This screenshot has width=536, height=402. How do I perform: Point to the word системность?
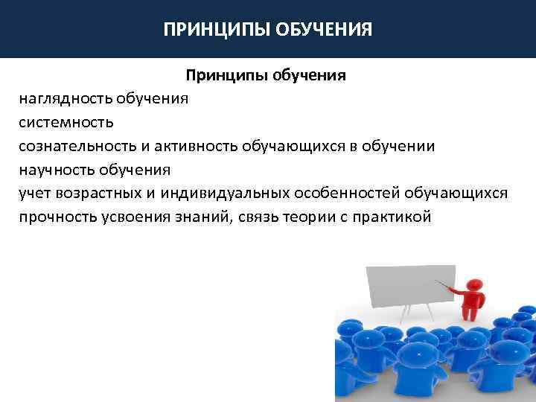(67, 122)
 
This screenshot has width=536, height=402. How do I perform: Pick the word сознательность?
(75, 146)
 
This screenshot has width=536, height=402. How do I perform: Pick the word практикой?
(395, 217)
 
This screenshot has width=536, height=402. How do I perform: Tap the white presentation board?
(408, 283)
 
